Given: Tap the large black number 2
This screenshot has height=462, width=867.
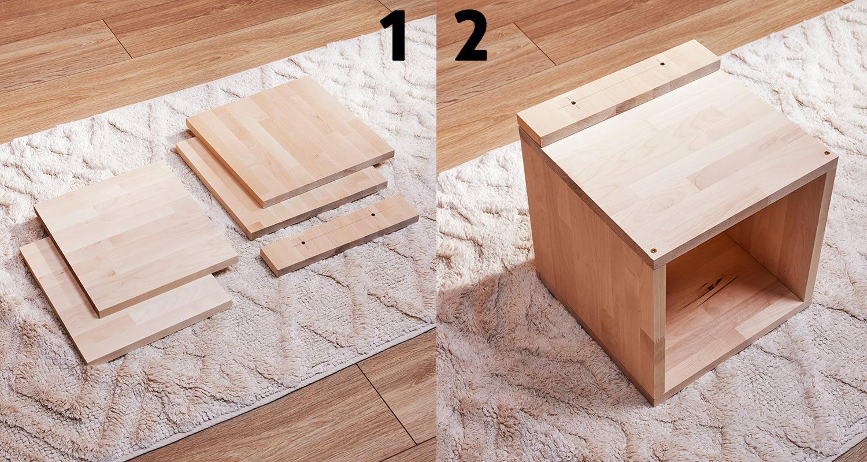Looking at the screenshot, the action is click(470, 35).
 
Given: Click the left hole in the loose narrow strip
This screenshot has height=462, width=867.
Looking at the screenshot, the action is click(303, 243).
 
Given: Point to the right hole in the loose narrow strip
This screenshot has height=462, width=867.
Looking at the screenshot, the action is click(373, 214).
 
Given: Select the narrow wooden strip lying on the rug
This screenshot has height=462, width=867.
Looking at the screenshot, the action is click(340, 235).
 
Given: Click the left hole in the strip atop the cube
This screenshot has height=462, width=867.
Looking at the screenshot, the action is click(573, 103).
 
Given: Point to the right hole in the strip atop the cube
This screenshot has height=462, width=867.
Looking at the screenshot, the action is click(662, 64).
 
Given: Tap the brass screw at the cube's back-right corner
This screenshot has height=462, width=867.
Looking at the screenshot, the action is click(827, 153).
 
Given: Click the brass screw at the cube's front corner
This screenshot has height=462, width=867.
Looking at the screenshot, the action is click(654, 251).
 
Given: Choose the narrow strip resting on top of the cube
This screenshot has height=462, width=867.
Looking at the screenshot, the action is click(618, 93).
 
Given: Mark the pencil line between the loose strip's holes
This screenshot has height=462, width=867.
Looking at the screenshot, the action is click(338, 229).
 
